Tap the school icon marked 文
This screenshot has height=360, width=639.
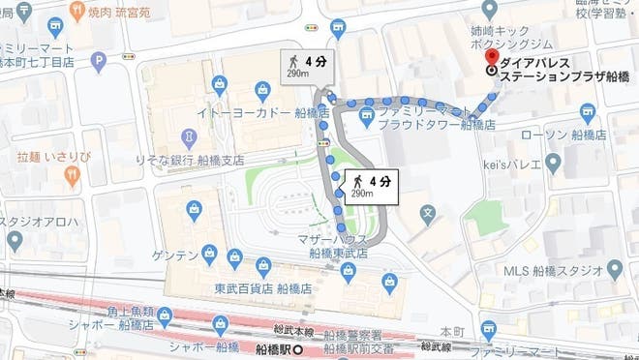428,210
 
